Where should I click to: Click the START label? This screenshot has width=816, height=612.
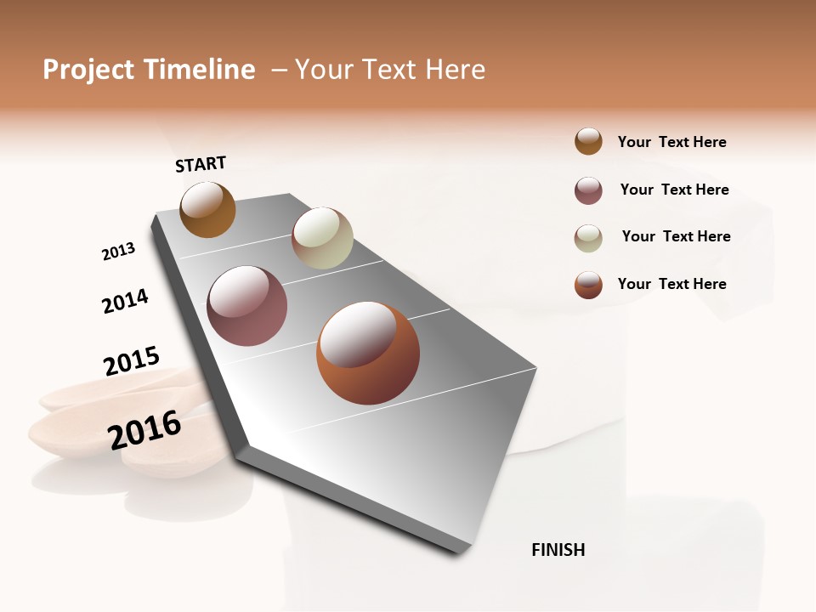click(201, 164)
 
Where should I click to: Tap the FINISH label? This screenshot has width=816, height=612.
click(558, 550)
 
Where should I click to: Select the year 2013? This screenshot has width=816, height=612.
click(118, 252)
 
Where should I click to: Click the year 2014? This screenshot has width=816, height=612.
click(125, 302)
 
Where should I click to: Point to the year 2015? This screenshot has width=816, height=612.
click(132, 361)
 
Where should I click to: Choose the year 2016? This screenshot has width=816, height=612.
click(144, 429)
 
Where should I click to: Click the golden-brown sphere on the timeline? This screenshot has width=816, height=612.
click(207, 209)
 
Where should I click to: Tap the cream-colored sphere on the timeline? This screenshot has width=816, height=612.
click(322, 238)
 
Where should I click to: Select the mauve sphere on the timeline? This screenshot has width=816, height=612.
click(247, 306)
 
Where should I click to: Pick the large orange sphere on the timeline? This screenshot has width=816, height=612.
click(368, 353)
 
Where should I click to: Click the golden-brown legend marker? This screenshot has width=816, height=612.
click(588, 141)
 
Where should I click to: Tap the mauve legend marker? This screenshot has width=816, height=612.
click(588, 190)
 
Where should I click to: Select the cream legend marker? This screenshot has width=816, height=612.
click(588, 238)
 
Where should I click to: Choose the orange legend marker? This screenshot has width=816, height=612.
click(588, 285)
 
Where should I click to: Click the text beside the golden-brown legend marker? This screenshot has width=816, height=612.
click(671, 142)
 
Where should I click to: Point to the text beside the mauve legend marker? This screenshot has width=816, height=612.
click(674, 190)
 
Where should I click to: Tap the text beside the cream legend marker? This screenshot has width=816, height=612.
click(676, 236)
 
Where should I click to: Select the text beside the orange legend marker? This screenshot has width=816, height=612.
click(671, 284)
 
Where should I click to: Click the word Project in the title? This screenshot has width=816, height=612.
click(88, 70)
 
